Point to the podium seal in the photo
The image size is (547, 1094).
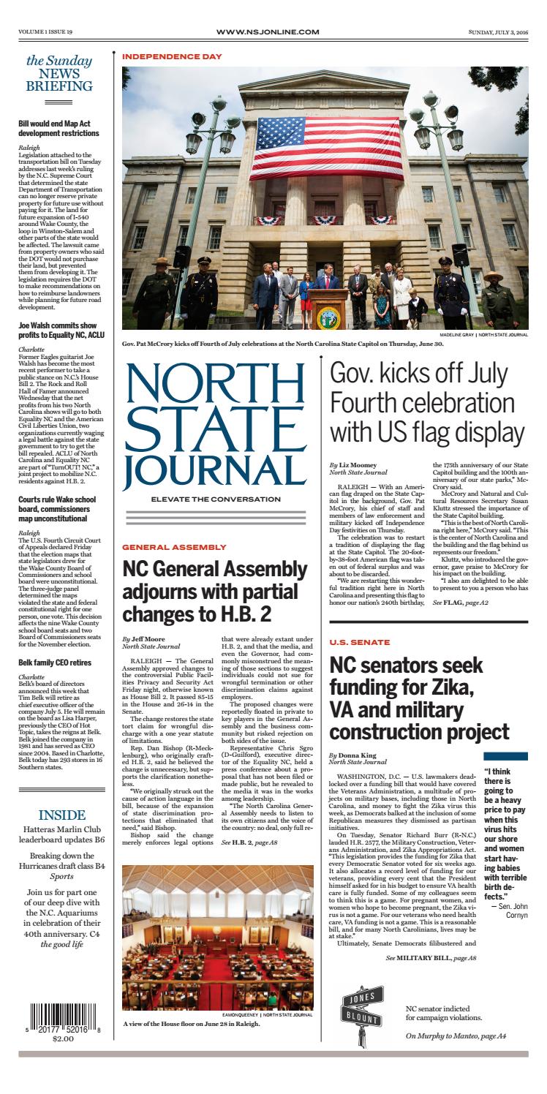[324, 315]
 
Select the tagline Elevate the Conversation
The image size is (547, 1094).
[214, 500]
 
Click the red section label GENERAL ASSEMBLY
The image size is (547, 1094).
[174, 547]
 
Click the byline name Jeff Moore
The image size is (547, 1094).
[148, 638]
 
